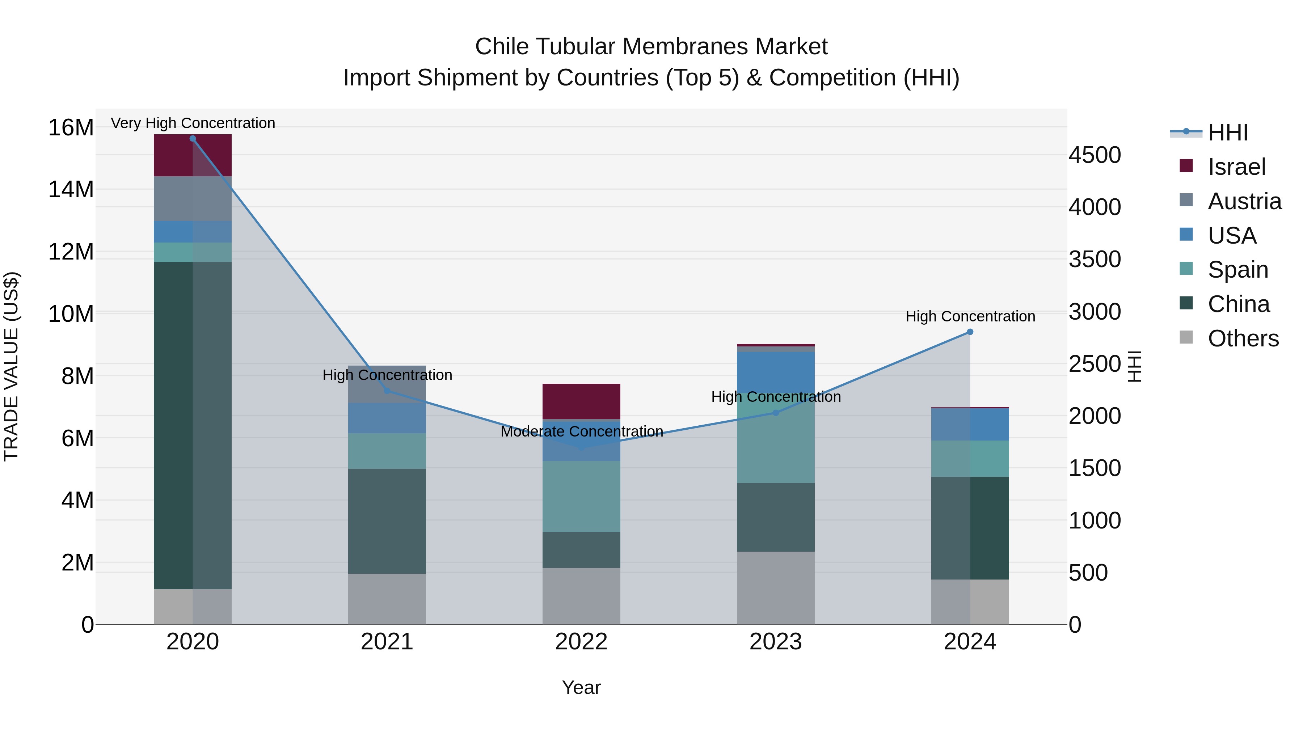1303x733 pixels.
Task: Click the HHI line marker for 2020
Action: (193, 139)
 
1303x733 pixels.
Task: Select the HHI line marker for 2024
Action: (970, 332)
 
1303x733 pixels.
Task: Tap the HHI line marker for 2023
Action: (775, 413)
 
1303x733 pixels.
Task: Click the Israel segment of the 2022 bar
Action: (581, 401)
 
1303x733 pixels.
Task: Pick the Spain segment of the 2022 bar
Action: (581, 496)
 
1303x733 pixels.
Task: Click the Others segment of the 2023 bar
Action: (775, 588)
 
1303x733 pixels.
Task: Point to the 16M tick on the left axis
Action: (71, 127)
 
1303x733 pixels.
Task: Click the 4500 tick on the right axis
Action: (1095, 155)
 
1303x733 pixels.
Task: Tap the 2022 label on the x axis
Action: (581, 642)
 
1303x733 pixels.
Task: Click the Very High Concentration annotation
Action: (193, 123)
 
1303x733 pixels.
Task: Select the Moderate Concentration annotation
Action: (581, 431)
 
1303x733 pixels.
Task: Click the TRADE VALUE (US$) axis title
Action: (11, 366)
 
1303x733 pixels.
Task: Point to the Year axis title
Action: (581, 687)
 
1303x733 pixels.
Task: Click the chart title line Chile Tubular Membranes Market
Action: (651, 47)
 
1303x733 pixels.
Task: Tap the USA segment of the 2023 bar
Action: (775, 372)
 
